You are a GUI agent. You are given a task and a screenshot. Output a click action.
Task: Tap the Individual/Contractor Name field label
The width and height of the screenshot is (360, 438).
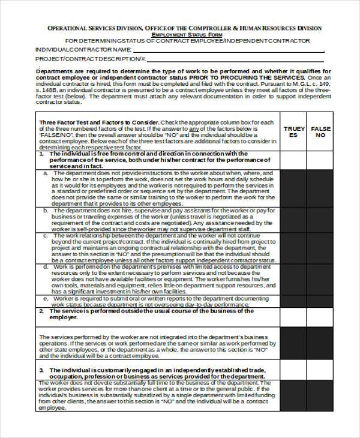[x=83, y=49]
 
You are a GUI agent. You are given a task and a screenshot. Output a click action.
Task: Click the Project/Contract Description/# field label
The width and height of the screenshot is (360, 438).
[x=91, y=59]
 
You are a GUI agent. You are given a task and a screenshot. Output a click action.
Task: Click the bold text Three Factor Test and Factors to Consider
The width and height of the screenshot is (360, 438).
[x=98, y=122]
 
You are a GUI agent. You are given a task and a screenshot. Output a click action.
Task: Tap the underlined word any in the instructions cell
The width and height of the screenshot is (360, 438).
[x=194, y=129]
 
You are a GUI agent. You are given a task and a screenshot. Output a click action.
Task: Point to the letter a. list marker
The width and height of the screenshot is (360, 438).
[x=46, y=172]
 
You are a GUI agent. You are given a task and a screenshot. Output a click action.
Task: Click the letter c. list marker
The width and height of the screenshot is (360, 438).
[x=46, y=236]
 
